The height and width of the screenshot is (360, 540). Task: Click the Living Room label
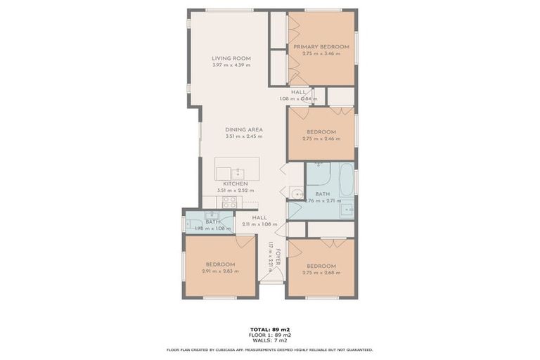pyautogui.click(x=231, y=58)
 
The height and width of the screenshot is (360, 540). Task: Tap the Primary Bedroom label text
pyautogui.click(x=321, y=46)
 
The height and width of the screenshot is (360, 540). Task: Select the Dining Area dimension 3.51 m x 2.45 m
pyautogui.click(x=244, y=136)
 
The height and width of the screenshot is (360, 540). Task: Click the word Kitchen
pyautogui.click(x=236, y=184)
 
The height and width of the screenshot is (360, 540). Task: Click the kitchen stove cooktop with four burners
pyautogui.click(x=229, y=202)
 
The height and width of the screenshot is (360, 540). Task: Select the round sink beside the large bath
pyautogui.click(x=297, y=193)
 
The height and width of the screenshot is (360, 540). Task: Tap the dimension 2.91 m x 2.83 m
pyautogui.click(x=220, y=271)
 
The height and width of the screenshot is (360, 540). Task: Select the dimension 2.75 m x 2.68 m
pyautogui.click(x=321, y=273)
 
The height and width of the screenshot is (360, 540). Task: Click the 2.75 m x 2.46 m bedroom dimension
pyautogui.click(x=321, y=139)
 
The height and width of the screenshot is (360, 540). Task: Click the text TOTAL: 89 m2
pyautogui.click(x=269, y=329)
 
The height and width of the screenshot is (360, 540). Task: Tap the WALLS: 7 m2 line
pyautogui.click(x=269, y=340)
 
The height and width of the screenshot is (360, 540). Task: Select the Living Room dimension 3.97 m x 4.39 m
pyautogui.click(x=231, y=65)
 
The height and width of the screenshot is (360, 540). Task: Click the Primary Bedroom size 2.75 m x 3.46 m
pyautogui.click(x=321, y=53)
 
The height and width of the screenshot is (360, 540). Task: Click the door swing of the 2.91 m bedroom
pyautogui.click(x=245, y=241)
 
